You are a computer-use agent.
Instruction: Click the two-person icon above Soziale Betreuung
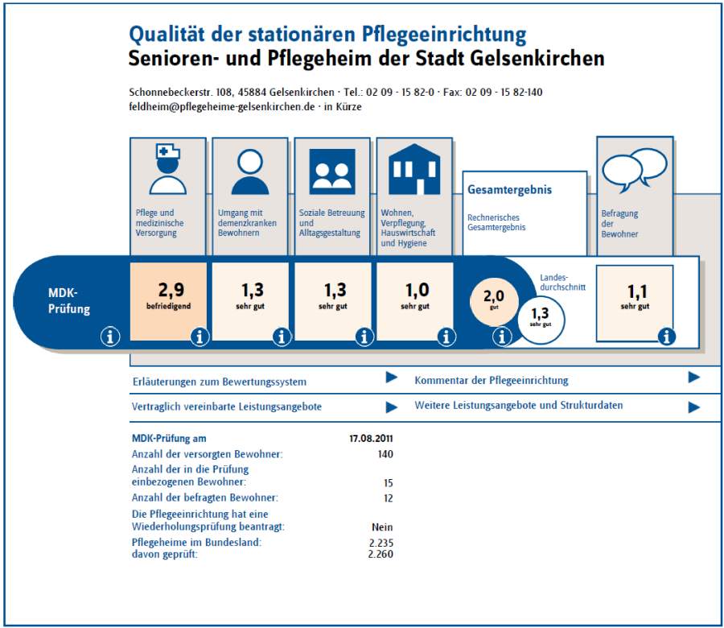(x=332, y=171)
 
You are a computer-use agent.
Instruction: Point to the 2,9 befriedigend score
(x=169, y=295)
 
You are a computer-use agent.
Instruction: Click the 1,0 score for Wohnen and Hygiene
(x=416, y=295)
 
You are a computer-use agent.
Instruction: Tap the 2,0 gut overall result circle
(x=494, y=299)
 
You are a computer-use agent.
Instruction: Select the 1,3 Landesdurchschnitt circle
(x=541, y=320)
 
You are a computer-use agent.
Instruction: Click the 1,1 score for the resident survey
(x=636, y=296)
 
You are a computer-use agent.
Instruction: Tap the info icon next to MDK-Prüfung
(x=110, y=337)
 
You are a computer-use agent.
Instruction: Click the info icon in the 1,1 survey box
(x=666, y=337)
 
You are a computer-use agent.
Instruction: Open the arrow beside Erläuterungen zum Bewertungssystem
(x=392, y=378)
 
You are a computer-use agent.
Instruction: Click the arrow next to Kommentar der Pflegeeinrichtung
(x=694, y=378)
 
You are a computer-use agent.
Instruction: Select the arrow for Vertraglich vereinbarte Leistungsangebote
(x=392, y=407)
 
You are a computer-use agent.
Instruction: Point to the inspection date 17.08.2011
(x=371, y=439)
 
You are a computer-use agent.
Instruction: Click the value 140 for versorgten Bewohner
(x=385, y=454)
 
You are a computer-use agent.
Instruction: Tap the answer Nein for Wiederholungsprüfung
(x=382, y=527)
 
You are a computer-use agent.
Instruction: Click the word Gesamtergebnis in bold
(x=509, y=189)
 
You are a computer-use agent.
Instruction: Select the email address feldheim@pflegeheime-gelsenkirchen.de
(x=222, y=107)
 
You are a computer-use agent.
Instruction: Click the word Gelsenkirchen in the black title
(x=537, y=58)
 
